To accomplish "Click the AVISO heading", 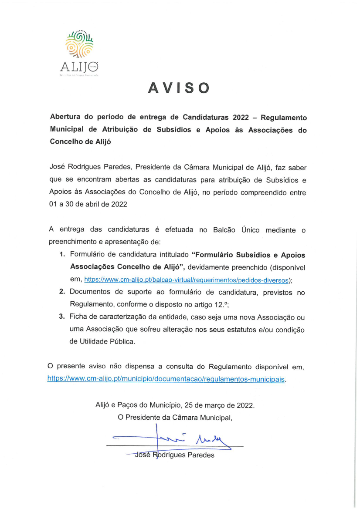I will coord(179,88).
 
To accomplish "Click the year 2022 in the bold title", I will coord(239,118).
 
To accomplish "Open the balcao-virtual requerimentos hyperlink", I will coord(187,280).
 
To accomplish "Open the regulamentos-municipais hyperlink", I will coord(166,379).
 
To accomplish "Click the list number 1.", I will coord(62,255).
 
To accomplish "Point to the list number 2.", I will coord(62,293).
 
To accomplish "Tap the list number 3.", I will coord(62,317).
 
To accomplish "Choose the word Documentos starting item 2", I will coord(90,293).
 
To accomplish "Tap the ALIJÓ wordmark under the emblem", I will coord(79,67).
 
